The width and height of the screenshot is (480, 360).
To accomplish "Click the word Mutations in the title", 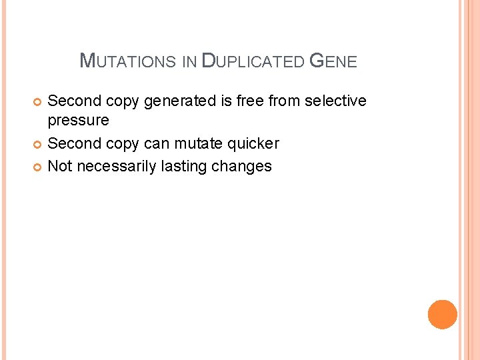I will pyautogui.click(x=128, y=62).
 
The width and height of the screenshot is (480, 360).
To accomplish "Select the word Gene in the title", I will pyautogui.click(x=334, y=62).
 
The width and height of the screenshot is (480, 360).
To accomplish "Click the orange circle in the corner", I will pyautogui.click(x=443, y=314).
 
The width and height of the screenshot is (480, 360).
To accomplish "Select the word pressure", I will pyautogui.click(x=78, y=121).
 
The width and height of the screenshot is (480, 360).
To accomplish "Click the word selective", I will pyautogui.click(x=336, y=101).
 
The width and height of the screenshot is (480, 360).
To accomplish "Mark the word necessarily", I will pyautogui.click(x=117, y=166).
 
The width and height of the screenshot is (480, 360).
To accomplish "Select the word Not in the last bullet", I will pyautogui.click(x=60, y=166).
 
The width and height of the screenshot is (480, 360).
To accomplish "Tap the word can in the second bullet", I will pyautogui.click(x=157, y=144).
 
